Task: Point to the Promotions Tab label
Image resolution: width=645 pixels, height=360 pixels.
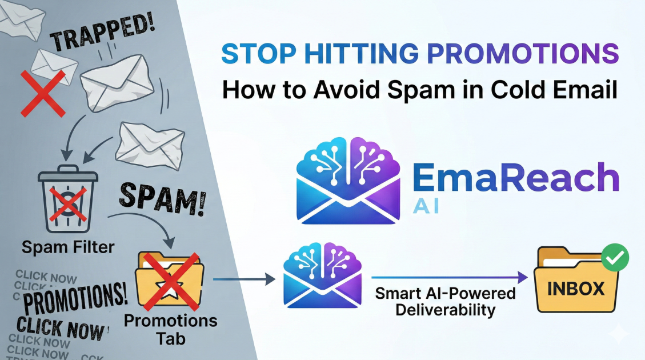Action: (x=170, y=328)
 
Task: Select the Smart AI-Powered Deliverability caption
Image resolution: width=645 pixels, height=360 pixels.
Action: (x=446, y=302)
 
